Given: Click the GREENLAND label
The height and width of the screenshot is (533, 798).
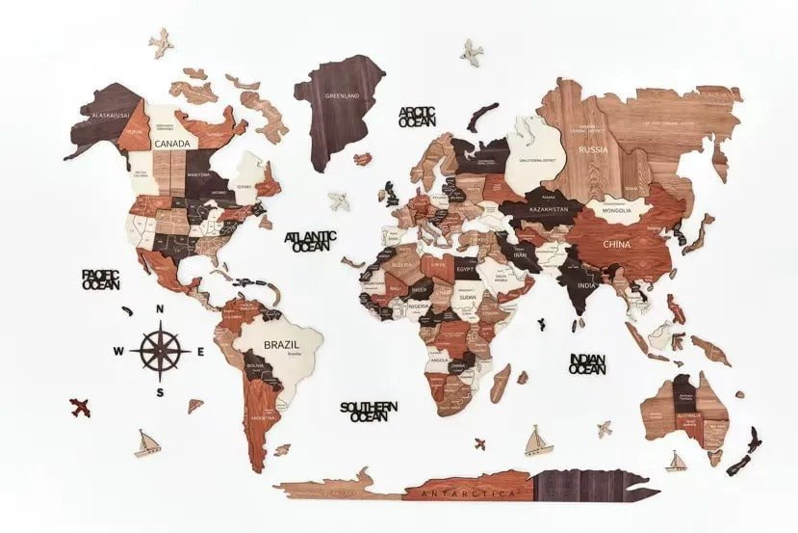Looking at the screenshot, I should click(342, 95).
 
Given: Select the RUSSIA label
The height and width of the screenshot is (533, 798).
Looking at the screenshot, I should click(591, 149).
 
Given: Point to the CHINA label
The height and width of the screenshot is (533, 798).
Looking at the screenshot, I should click(617, 244).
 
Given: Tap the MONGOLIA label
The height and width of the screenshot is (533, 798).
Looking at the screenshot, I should click(616, 210).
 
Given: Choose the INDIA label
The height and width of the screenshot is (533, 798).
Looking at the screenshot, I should click(587, 286).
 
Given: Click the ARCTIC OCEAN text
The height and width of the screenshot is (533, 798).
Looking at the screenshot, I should click(417, 117).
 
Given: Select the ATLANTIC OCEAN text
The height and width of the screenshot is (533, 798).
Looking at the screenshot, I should click(311, 241).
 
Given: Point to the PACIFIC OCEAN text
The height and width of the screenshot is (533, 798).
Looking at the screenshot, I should click(100, 280).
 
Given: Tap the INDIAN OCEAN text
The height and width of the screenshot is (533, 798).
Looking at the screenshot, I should click(587, 363).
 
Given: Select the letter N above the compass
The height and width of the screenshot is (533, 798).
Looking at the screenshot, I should click(160, 308).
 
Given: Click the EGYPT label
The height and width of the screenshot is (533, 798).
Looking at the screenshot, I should click(465, 272).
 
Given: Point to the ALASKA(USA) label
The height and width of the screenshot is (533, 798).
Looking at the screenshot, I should click(110, 116).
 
